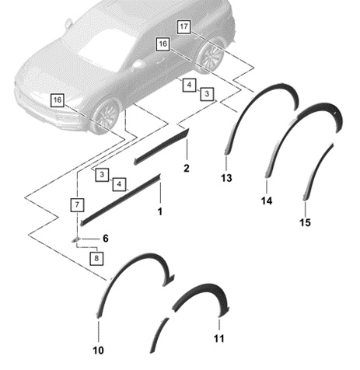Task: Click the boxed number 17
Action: coord(183,26)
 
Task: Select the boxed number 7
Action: coord(77,204)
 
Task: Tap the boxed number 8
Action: coord(96,258)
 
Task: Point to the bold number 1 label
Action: coord(160,211)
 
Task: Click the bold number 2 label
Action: coord(187,169)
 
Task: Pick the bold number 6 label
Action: coord(106,239)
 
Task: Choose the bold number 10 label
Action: coord(98,351)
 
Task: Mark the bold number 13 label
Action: coord(226,178)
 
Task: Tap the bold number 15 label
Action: coord(305,222)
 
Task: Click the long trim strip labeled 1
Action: coord(120,201)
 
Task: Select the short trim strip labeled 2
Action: coord(162,147)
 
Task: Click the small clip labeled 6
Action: coord(75,239)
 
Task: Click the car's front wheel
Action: coord(106,116)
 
